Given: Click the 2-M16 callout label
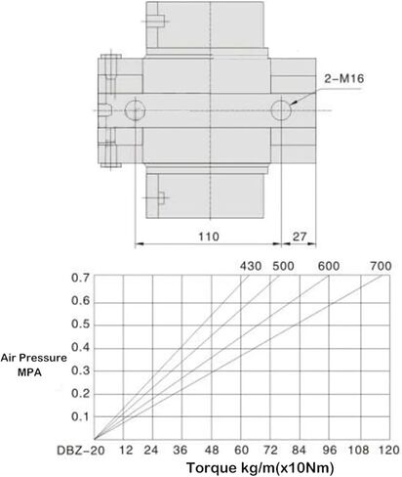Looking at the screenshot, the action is [343, 79].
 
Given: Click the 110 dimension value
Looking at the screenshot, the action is [209, 237].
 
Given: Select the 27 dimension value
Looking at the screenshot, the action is [300, 237].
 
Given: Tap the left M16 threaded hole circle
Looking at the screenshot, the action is [135, 110].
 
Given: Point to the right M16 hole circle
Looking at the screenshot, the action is [281, 110].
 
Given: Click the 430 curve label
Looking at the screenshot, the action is [251, 266].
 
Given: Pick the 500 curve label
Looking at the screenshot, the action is [283, 266].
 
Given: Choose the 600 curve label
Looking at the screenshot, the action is [329, 266].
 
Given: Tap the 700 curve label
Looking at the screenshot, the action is [381, 266].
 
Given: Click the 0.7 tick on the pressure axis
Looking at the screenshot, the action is [80, 278].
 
